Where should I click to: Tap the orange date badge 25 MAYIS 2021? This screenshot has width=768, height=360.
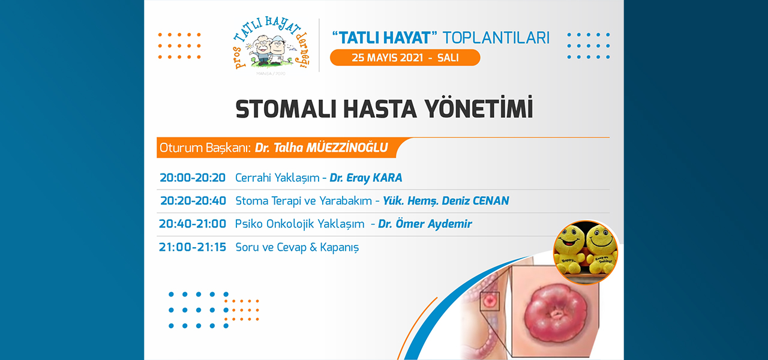(x=405, y=58)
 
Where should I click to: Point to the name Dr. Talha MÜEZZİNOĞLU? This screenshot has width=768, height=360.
(x=321, y=148)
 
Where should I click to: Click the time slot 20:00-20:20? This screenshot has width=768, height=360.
(x=193, y=178)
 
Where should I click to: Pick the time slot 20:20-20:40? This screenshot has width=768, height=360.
(x=193, y=200)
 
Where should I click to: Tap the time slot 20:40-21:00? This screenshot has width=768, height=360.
(x=193, y=224)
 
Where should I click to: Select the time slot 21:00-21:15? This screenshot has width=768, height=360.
(x=193, y=247)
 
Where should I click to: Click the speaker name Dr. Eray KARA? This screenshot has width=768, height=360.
(x=366, y=178)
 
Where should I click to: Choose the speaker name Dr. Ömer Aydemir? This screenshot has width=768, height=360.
(x=425, y=224)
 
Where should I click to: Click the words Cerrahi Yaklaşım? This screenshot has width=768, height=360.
(x=277, y=178)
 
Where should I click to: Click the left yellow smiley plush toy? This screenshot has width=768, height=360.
(x=569, y=248)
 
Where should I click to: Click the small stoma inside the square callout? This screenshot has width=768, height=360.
(x=489, y=301)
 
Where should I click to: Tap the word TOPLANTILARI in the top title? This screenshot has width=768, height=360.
(x=496, y=38)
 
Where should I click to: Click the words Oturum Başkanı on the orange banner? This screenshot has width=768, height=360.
(x=205, y=148)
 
